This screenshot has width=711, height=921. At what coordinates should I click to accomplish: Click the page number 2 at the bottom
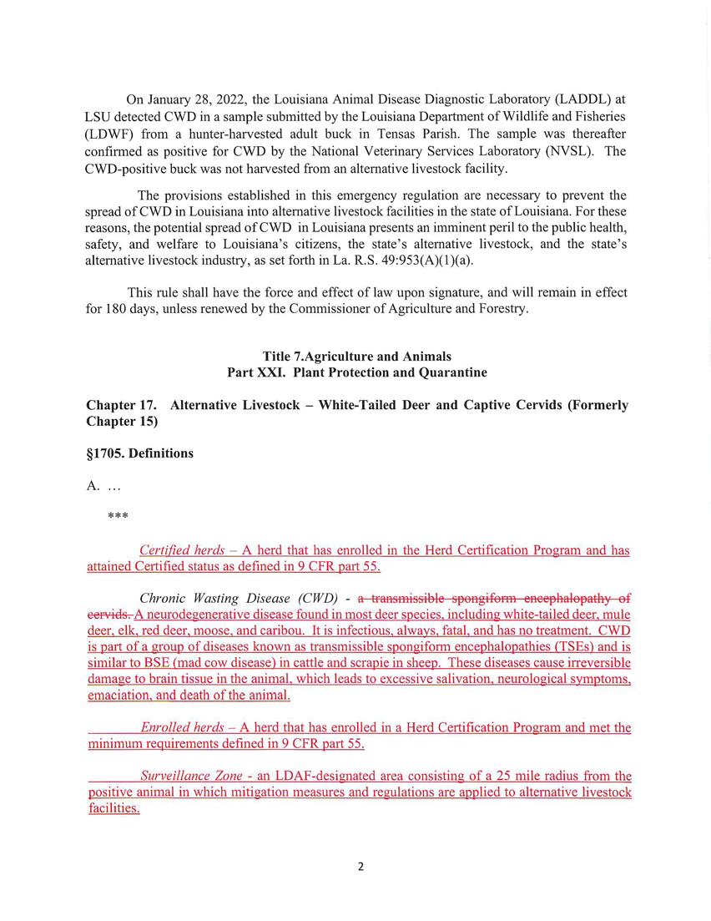click(361, 866)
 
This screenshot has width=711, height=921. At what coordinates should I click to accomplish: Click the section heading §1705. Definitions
click(139, 453)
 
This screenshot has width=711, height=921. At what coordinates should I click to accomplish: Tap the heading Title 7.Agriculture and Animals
click(356, 357)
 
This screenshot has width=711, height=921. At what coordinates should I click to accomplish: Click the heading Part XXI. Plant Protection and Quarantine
click(356, 372)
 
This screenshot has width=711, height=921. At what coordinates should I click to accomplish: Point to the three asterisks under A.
click(118, 516)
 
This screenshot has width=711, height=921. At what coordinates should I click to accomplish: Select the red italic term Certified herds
click(182, 550)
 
